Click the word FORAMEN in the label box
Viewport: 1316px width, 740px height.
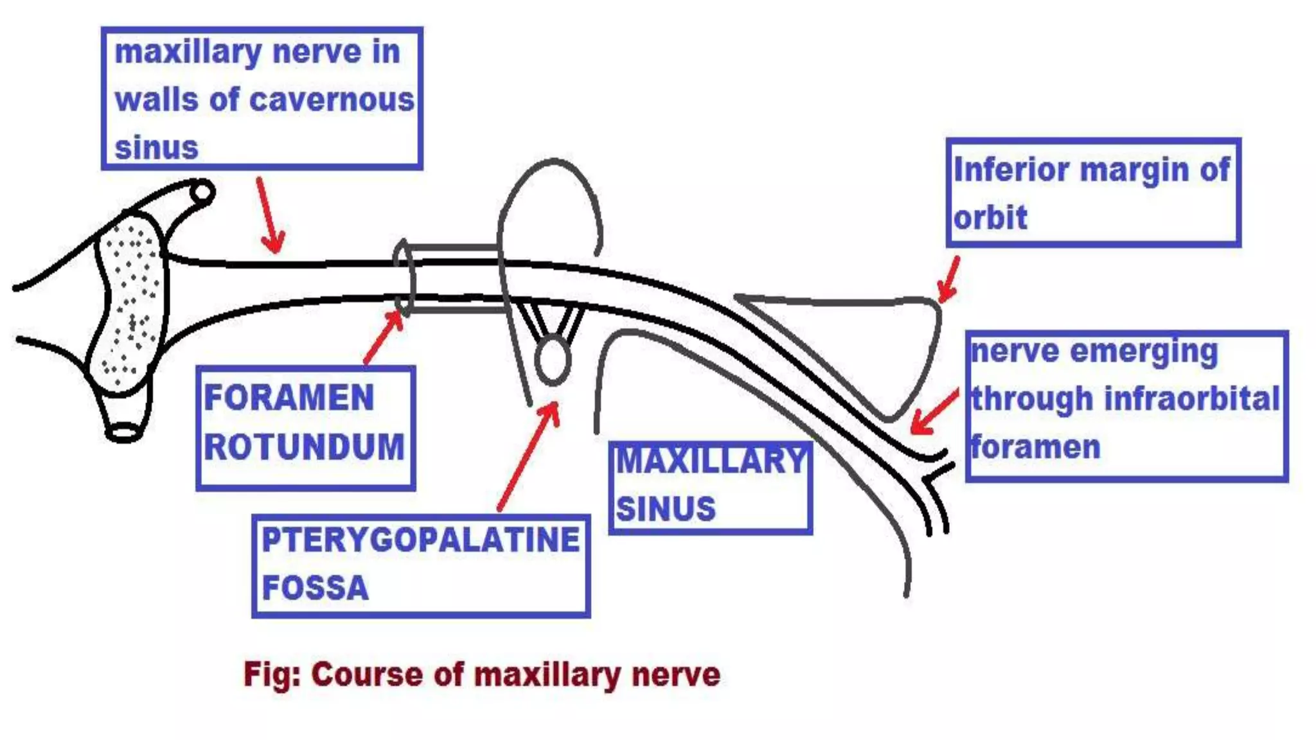tap(289, 398)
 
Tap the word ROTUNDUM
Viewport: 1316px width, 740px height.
tap(304, 447)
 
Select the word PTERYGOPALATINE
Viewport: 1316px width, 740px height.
tap(421, 540)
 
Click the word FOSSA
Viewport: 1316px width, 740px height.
tap(315, 588)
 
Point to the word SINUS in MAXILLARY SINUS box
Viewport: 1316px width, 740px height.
tap(666, 509)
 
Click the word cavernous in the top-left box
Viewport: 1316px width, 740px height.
tap(332, 100)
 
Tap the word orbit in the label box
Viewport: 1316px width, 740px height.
tap(990, 218)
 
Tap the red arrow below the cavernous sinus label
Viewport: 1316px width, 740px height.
tap(270, 216)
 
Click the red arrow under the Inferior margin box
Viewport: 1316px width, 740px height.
tap(948, 280)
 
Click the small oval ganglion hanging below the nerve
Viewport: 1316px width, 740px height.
tap(552, 361)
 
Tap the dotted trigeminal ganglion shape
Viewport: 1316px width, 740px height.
tap(129, 302)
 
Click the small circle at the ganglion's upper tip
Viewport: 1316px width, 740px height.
tap(202, 192)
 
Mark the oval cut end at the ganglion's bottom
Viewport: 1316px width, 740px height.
tap(124, 432)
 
